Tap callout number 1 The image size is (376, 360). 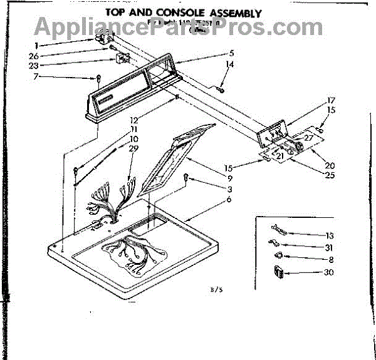36,45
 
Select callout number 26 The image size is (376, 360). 34,55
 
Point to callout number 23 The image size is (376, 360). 34,65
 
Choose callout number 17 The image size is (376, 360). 332,100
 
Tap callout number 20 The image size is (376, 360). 330,165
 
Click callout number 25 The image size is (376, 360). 330,175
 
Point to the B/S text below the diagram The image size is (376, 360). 217,290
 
